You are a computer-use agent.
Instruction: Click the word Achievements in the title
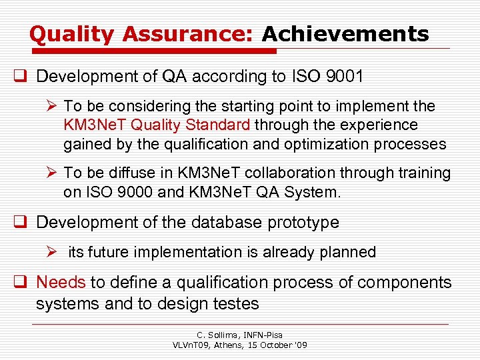pyautogui.click(x=345, y=34)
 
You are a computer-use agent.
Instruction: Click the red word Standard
pyautogui.click(x=219, y=125)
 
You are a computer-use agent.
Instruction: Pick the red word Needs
pyautogui.click(x=61, y=283)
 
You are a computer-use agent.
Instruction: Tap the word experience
pyautogui.click(x=380, y=125)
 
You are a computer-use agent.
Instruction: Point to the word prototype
pyautogui.click(x=304, y=223)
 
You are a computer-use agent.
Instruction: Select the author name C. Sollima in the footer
pyautogui.click(x=221, y=335)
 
